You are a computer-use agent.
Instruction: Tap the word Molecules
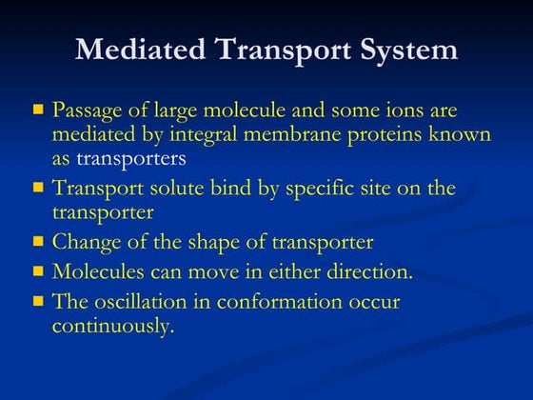pos(96,271)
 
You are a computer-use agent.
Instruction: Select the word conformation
pos(296,302)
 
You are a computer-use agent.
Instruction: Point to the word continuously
pos(113,326)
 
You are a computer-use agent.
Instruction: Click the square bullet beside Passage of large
pos(38,110)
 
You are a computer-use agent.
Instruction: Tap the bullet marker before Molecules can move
pos(38,271)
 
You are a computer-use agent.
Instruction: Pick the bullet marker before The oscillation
pos(38,302)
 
